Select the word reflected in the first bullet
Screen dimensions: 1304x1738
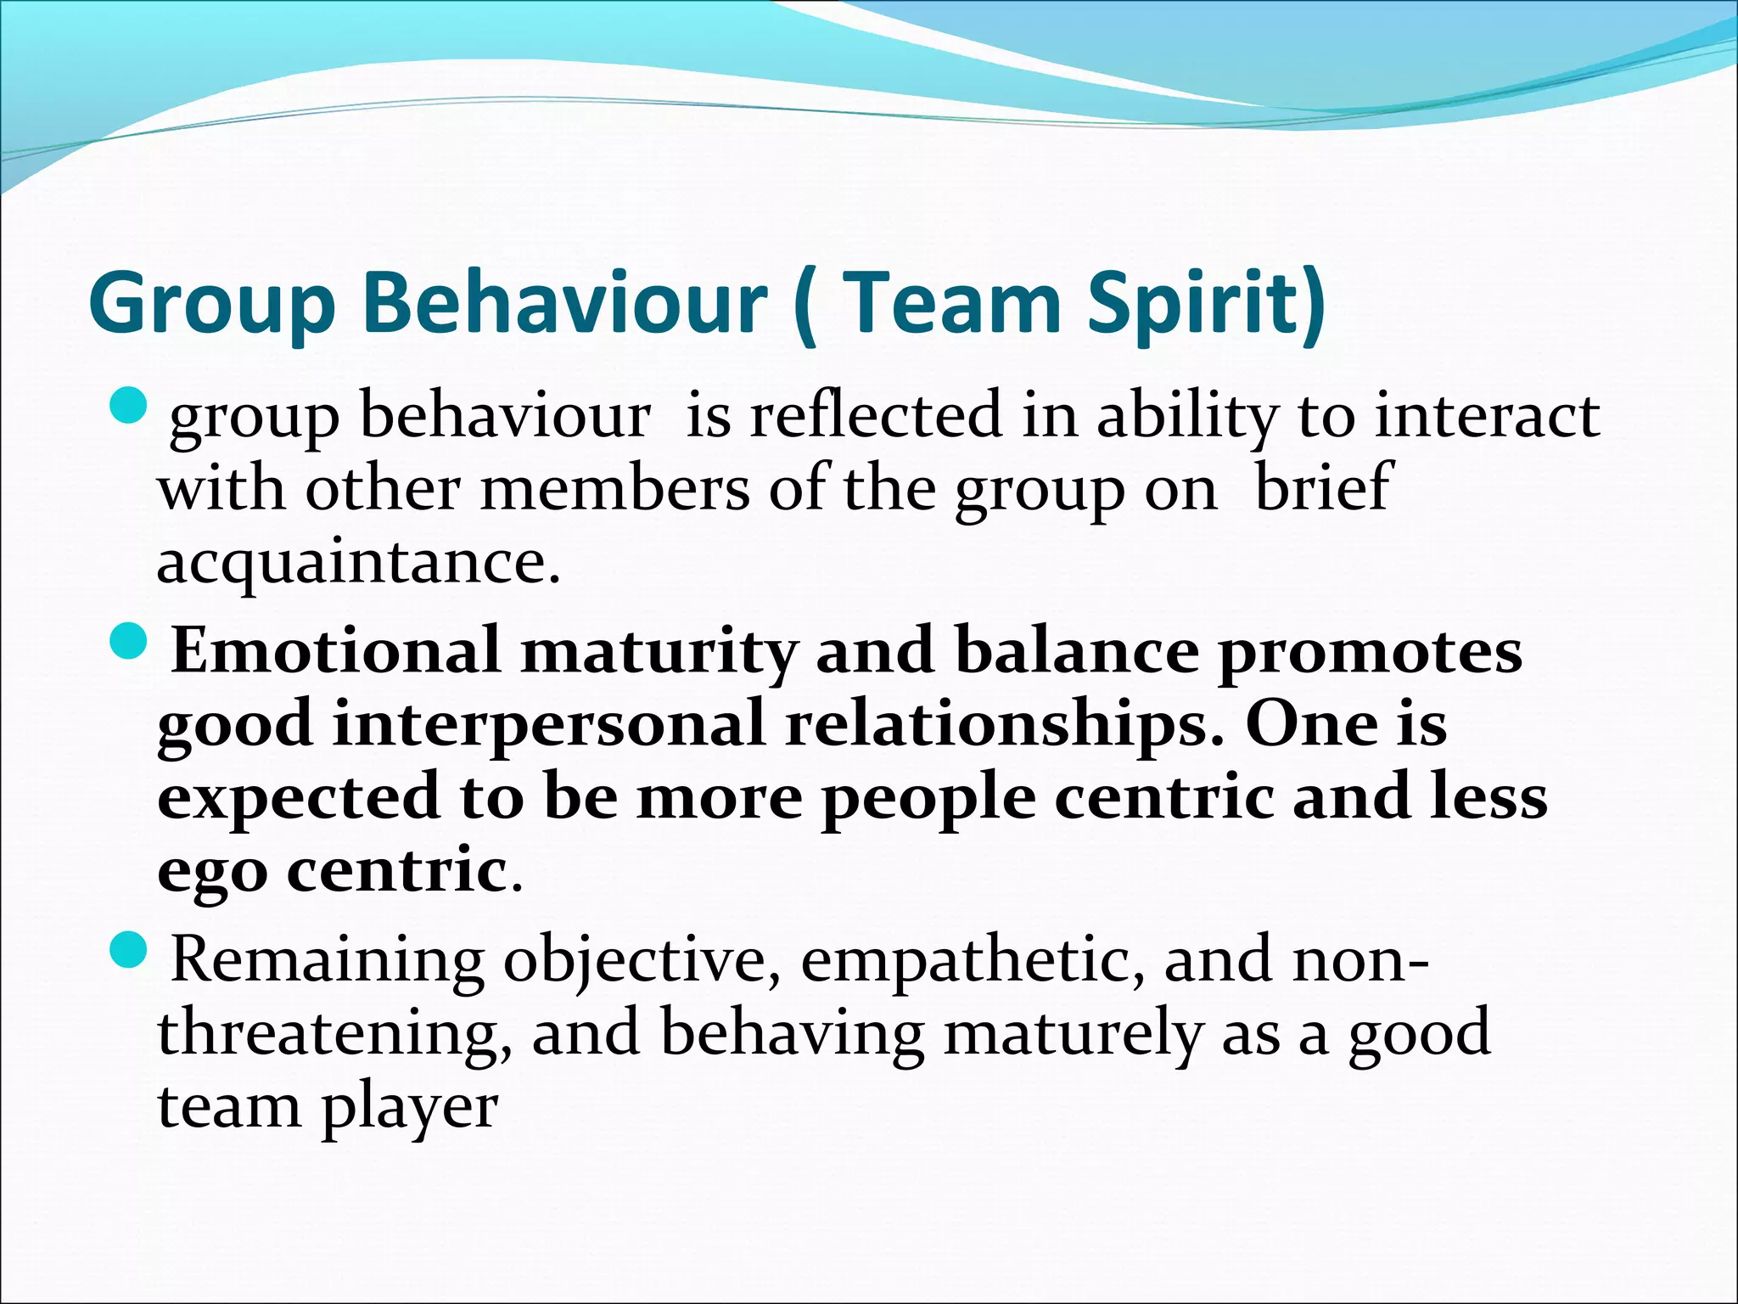click(874, 415)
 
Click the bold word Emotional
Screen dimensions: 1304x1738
click(335, 650)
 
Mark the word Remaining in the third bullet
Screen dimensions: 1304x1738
click(328, 959)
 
